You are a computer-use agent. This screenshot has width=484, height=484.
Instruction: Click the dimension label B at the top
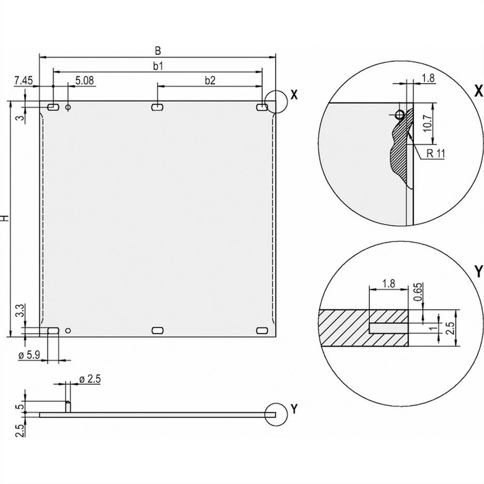[x=157, y=50]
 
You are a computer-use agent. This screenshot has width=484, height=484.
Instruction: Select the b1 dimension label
[x=158, y=66]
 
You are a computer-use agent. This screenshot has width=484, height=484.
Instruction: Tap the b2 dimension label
[x=210, y=81]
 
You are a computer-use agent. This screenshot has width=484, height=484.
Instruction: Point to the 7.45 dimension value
[x=23, y=80]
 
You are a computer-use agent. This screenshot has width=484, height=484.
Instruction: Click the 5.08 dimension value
[x=85, y=80]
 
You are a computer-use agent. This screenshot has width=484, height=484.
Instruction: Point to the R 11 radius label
[x=436, y=153]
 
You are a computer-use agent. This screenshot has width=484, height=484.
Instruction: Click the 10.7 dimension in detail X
[x=426, y=123]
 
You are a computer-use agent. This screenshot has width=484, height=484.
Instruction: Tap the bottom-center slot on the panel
[x=157, y=330]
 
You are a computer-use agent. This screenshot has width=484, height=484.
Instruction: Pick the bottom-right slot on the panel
[x=262, y=330]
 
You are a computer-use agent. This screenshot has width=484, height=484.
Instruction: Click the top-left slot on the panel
[x=53, y=106]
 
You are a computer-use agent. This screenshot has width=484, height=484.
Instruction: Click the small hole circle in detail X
[x=399, y=114]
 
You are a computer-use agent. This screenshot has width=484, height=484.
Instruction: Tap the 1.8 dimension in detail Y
[x=388, y=284]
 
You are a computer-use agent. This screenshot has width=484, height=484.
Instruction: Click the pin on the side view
[x=68, y=407]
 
